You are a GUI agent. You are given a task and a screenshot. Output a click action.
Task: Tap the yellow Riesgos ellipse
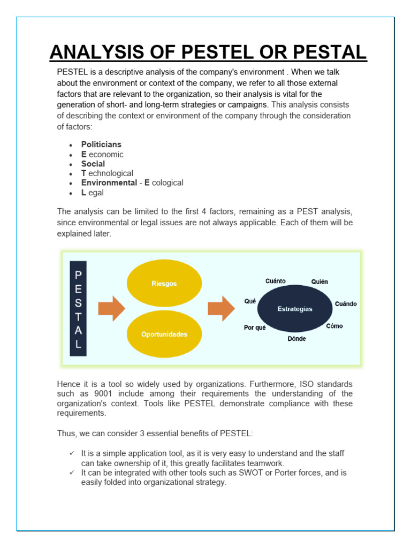click(x=164, y=284)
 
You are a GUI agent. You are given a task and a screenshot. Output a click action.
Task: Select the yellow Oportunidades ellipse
click(x=164, y=334)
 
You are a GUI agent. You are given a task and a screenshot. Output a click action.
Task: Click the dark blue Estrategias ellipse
click(x=295, y=309)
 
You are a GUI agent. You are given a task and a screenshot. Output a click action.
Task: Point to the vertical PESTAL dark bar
click(x=78, y=309)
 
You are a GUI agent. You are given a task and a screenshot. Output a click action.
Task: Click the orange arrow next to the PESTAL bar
click(x=111, y=309)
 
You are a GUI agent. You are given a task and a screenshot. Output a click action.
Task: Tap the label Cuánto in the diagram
click(x=276, y=281)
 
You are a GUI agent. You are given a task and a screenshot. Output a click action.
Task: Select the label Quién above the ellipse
click(x=319, y=281)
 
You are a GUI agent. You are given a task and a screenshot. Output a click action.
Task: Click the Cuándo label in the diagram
click(x=346, y=304)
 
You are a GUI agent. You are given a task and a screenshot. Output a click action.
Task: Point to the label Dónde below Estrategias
click(x=296, y=339)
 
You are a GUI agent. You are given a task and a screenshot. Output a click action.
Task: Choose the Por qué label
click(x=255, y=328)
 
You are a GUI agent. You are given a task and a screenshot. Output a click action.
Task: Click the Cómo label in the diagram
click(x=334, y=326)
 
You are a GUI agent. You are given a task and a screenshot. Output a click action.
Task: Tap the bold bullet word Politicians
click(x=101, y=144)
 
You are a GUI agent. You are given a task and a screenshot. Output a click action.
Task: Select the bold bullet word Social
click(x=93, y=164)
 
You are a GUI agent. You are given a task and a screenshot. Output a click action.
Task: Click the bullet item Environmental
click(x=109, y=183)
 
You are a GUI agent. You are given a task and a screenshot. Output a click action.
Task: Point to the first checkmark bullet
click(x=71, y=453)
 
